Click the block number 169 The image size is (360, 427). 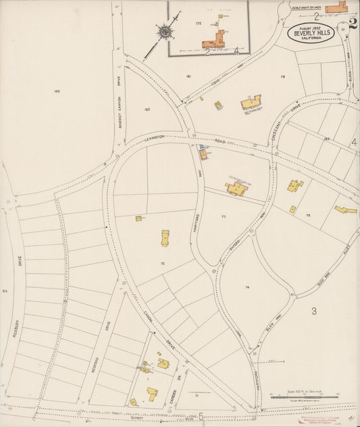point(57,91)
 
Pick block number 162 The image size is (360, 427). point(147,109)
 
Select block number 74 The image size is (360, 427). point(248,288)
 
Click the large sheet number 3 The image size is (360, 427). point(313,311)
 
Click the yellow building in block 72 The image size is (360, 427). point(165,238)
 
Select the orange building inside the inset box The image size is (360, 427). point(215,39)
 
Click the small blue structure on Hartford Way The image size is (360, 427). point(201,147)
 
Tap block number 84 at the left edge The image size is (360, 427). point(4,291)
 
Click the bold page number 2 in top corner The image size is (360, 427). point(353,24)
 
